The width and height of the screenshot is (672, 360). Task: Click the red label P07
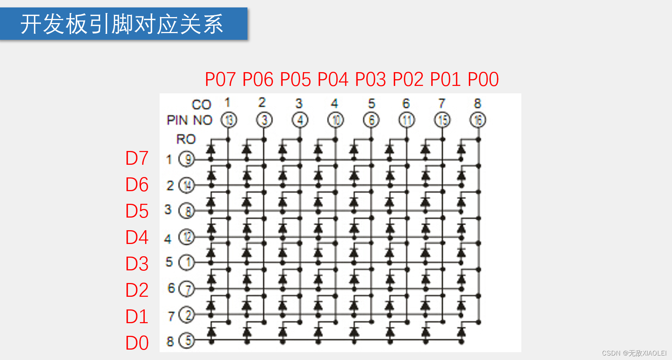click(220, 79)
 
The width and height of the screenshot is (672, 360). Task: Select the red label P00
click(483, 79)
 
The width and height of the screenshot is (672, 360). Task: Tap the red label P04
click(333, 79)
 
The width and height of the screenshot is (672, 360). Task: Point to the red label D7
click(137, 158)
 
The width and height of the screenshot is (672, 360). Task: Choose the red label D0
click(137, 343)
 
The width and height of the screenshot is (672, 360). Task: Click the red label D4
click(137, 238)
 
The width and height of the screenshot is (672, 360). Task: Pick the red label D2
click(137, 290)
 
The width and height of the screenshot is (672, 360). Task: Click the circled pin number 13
click(229, 120)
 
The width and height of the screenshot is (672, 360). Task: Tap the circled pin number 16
click(478, 120)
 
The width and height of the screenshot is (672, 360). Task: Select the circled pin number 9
click(187, 160)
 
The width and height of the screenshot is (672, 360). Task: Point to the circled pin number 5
click(187, 341)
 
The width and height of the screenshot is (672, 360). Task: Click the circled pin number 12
click(187, 237)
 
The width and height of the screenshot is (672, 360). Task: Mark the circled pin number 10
click(336, 120)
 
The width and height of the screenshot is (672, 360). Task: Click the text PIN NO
click(189, 120)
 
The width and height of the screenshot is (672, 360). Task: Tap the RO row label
click(186, 139)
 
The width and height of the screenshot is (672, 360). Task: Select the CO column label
click(201, 105)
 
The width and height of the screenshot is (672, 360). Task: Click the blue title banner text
click(122, 24)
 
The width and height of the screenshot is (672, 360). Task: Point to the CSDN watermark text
click(634, 353)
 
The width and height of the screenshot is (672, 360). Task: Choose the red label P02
click(408, 79)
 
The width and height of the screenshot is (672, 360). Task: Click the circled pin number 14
click(187, 185)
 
